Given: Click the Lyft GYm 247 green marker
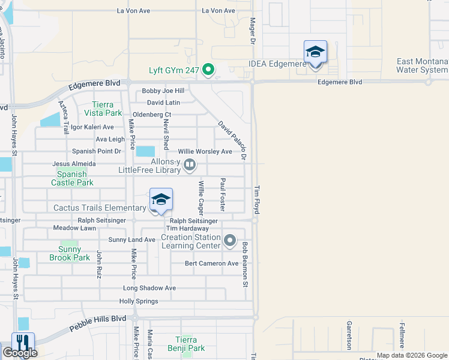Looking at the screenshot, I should (x=208, y=70).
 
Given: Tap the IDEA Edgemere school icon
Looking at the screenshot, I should (x=315, y=52).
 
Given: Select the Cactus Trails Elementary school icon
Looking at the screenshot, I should (x=161, y=200).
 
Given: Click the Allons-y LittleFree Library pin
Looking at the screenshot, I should (x=190, y=164).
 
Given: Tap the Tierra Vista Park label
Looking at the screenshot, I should (x=103, y=109).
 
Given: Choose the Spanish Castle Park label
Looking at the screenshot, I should (x=72, y=178).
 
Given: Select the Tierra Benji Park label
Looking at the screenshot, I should (x=190, y=344).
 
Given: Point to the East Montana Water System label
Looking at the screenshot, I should (x=422, y=65).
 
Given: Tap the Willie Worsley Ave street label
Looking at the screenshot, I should (x=205, y=151).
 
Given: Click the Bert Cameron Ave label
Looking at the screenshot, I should (x=211, y=263).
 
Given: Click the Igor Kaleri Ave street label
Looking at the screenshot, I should (x=92, y=127).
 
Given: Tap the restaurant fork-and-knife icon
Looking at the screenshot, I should (x=23, y=342).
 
